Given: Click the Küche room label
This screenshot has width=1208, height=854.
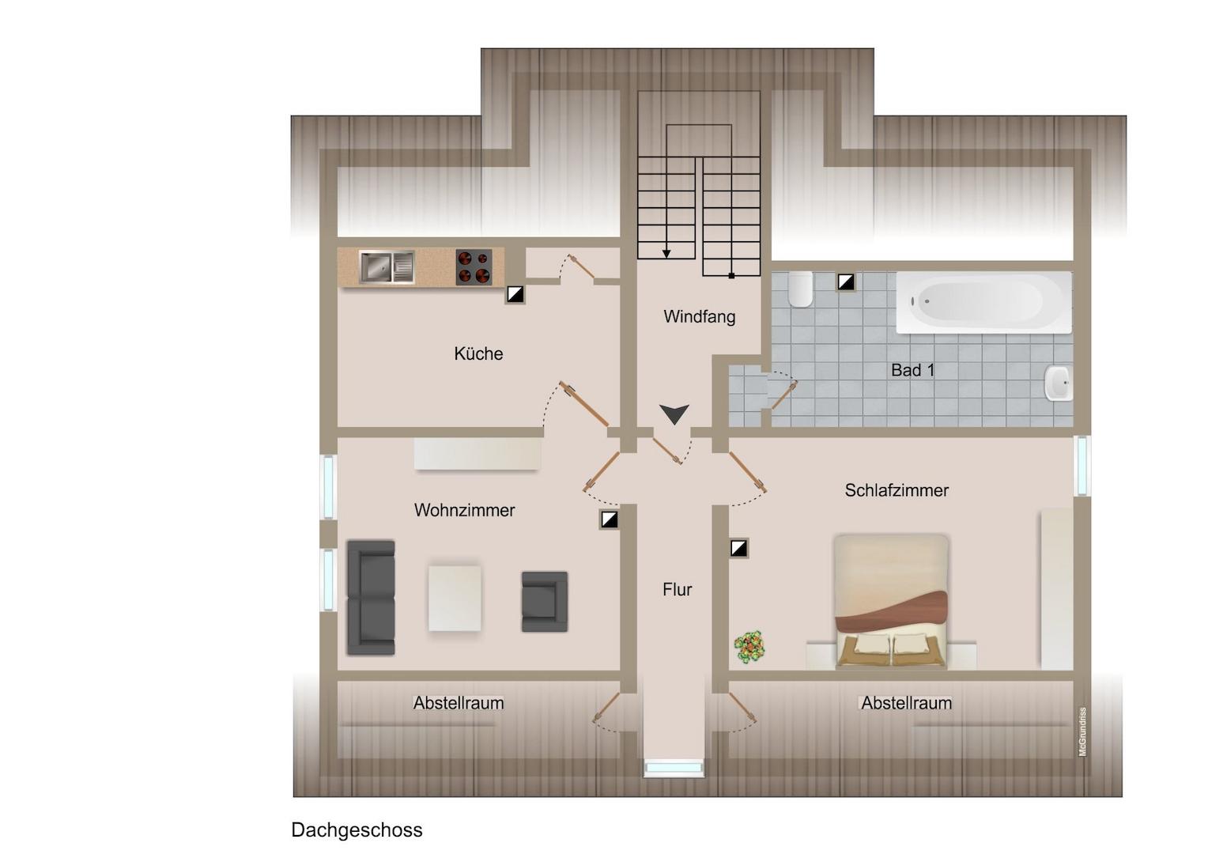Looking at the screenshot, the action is pyautogui.click(x=478, y=354).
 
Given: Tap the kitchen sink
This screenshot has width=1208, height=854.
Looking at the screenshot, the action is pyautogui.click(x=387, y=266).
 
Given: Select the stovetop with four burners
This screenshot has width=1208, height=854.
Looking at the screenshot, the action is pyautogui.click(x=474, y=266).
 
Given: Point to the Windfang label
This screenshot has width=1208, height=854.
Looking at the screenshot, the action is pyautogui.click(x=700, y=316).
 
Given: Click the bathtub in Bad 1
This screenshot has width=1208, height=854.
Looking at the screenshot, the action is pyautogui.click(x=983, y=302).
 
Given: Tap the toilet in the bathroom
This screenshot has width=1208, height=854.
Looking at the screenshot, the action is pyautogui.click(x=800, y=289).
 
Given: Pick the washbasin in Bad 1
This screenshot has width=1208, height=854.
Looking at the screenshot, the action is pyautogui.click(x=1059, y=383).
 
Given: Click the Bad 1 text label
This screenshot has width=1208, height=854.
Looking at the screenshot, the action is pyautogui.click(x=912, y=370).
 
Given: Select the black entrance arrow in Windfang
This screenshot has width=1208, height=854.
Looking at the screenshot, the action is pyautogui.click(x=674, y=414).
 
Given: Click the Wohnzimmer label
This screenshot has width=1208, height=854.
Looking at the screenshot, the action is pyautogui.click(x=464, y=510).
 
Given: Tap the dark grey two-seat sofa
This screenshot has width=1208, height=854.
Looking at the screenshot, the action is pyautogui.click(x=371, y=598).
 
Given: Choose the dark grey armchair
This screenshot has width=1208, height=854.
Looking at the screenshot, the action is pyautogui.click(x=545, y=602).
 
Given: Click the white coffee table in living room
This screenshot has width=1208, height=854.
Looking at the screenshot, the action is pyautogui.click(x=455, y=598).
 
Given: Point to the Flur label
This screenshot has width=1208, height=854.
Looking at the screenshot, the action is pyautogui.click(x=678, y=590).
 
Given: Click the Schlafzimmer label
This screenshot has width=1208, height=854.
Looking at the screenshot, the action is pyautogui.click(x=897, y=490).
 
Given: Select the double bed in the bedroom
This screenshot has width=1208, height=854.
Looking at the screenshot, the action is pyautogui.click(x=891, y=602).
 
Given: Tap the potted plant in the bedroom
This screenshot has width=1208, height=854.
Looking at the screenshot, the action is pyautogui.click(x=749, y=646).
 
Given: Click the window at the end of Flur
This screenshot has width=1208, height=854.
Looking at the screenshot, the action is pyautogui.click(x=674, y=767).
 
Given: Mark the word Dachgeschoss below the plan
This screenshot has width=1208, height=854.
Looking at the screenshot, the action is pyautogui.click(x=357, y=829).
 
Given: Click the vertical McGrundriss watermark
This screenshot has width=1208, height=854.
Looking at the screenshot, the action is pyautogui.click(x=1082, y=731).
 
